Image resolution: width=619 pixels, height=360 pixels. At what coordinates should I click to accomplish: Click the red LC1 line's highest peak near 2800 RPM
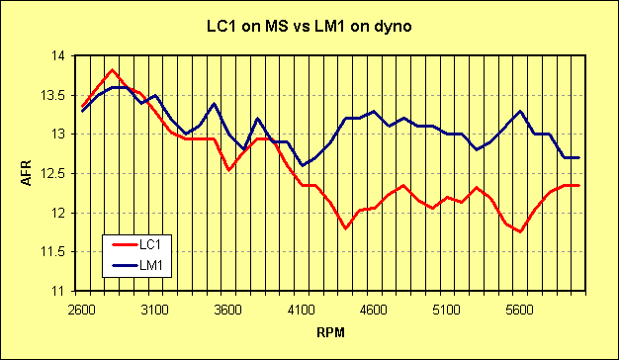click(112, 70)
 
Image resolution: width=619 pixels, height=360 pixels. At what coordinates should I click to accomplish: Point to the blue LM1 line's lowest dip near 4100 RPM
click(302, 165)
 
